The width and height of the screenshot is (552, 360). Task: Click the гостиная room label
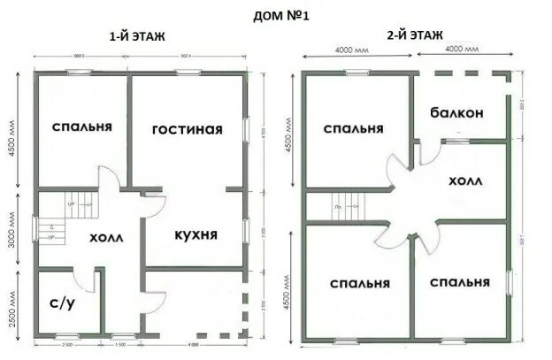(187, 129)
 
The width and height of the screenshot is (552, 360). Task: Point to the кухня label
(195, 234)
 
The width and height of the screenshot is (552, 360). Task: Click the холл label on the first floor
(106, 238)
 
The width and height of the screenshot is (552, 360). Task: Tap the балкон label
(457, 113)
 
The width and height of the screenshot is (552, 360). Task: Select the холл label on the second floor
(465, 180)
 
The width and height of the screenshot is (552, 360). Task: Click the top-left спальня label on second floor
(353, 129)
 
